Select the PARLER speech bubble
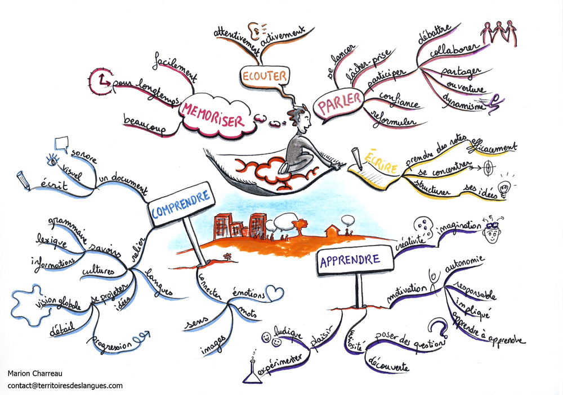(339, 106)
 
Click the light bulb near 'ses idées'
(504, 185)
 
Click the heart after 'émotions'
(272, 292)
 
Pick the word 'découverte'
(387, 366)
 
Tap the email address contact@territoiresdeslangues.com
(65, 385)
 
